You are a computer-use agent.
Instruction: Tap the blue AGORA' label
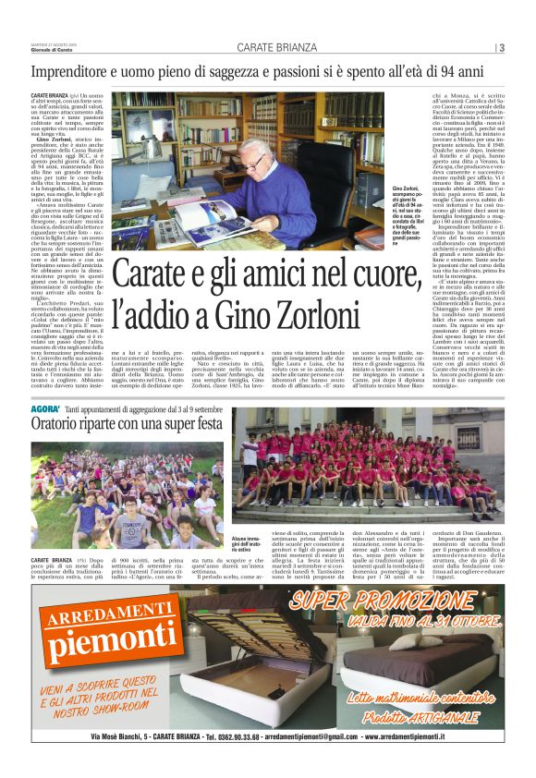(45, 407)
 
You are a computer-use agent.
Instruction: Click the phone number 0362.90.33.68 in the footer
(225, 736)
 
